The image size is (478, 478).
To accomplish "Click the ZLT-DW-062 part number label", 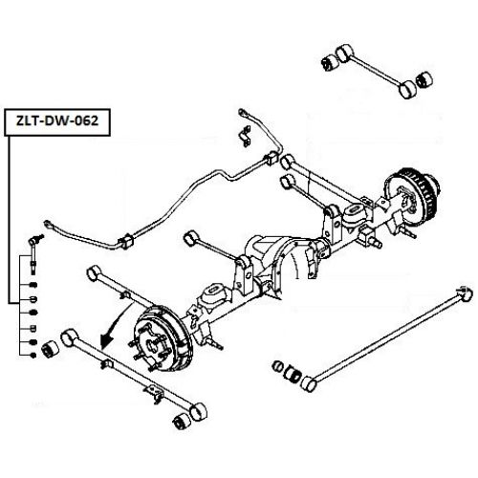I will (x=58, y=121).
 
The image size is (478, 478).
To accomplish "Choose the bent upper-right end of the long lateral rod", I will (x=466, y=292).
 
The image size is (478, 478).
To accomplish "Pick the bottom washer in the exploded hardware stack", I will (x=33, y=356).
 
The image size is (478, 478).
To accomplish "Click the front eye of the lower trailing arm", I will (x=70, y=337).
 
